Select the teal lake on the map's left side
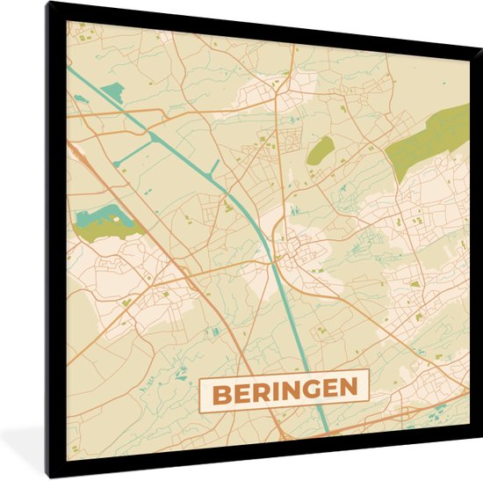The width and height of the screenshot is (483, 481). [96, 215]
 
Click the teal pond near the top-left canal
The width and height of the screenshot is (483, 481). [112, 91]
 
